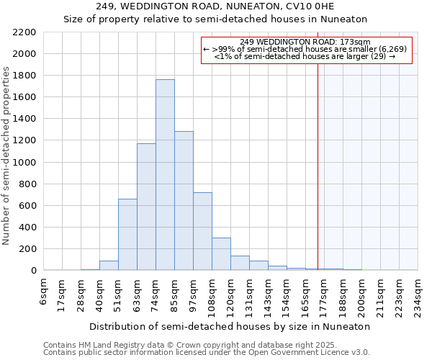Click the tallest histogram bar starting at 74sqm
165,175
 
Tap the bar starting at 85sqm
184,201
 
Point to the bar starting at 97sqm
202,231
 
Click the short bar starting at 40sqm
109,266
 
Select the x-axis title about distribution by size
230,326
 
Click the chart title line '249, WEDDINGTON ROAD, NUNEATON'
216,6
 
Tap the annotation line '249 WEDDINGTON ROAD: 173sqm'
305,42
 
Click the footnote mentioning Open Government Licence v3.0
207,352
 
